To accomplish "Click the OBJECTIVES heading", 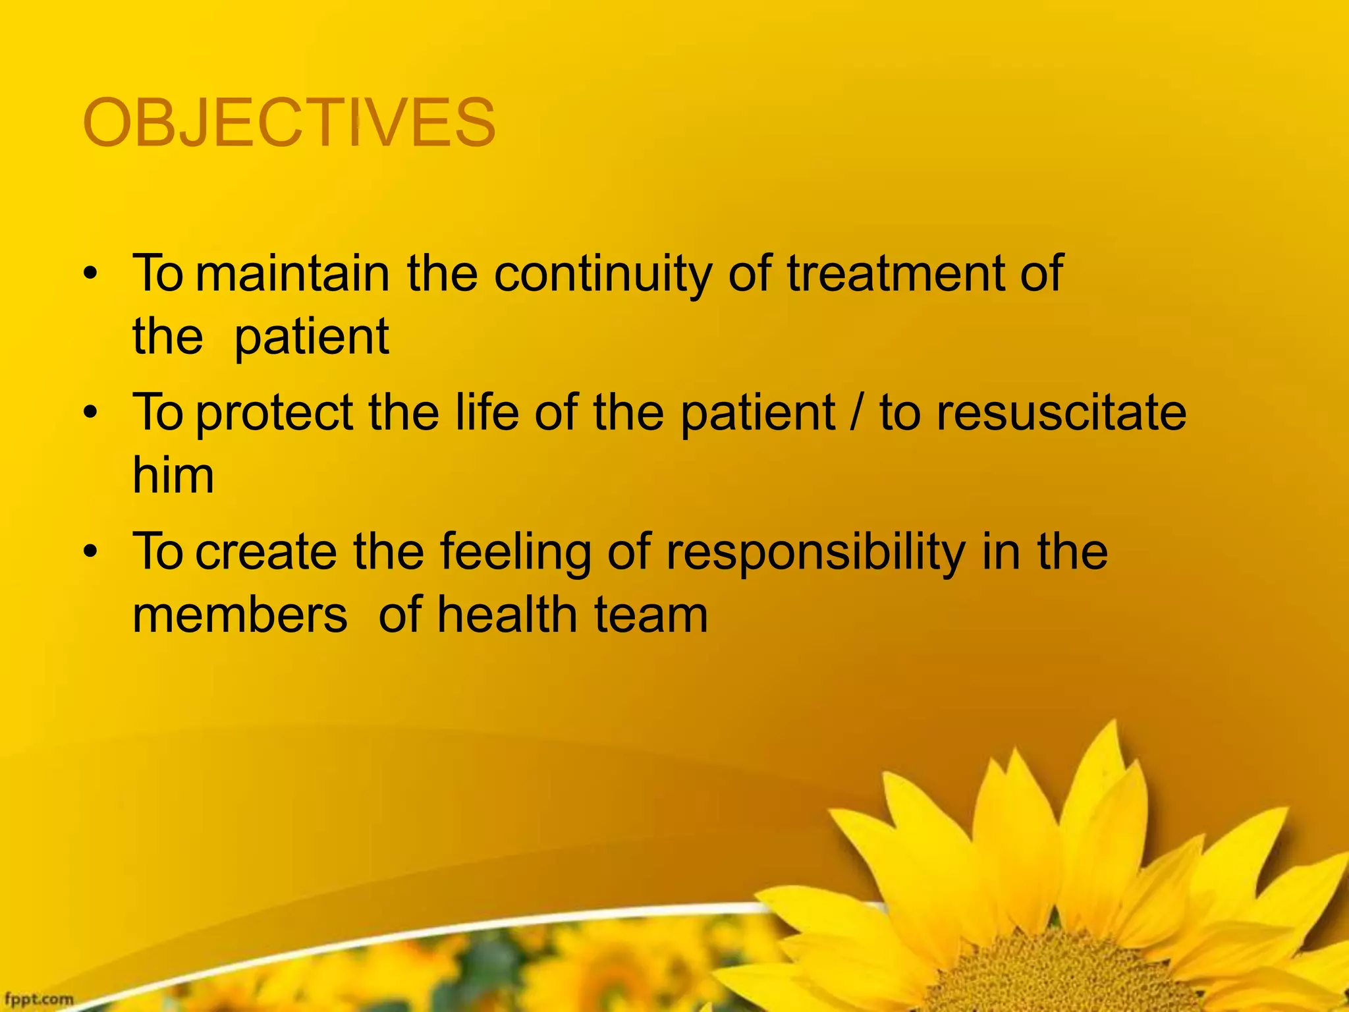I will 289,123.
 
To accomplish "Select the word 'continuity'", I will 603,273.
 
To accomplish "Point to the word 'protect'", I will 275,413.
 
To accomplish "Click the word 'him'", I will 173,475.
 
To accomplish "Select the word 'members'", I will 240,615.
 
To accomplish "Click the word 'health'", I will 507,615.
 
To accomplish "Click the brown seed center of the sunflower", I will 1080,975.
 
